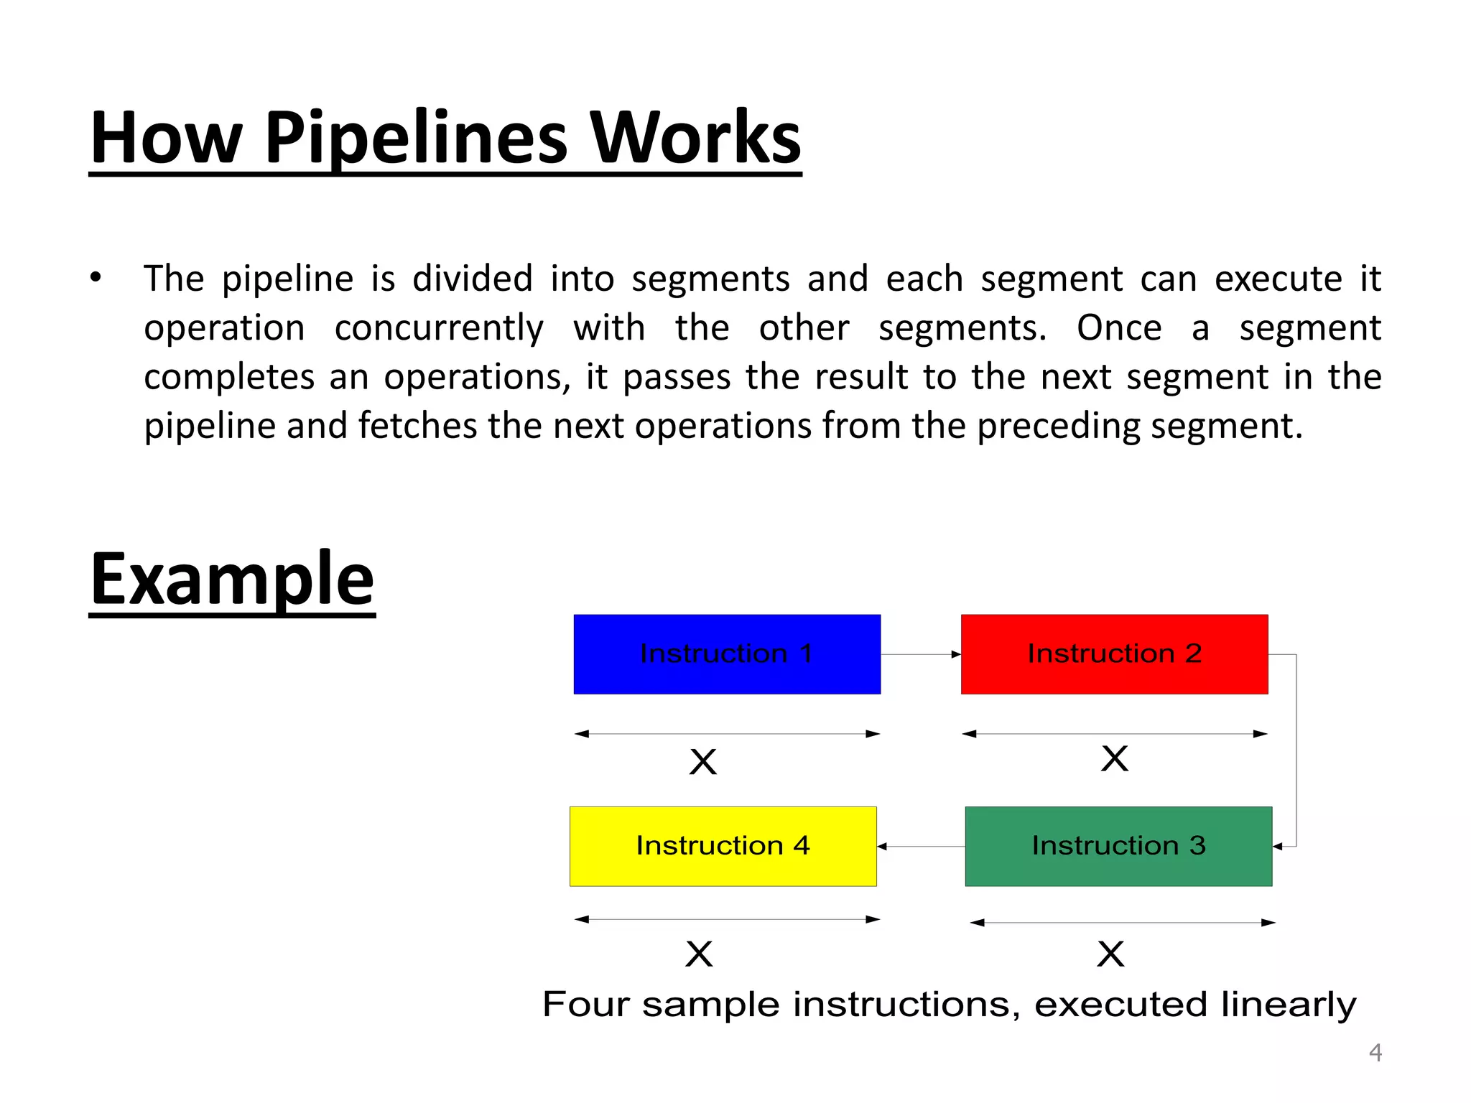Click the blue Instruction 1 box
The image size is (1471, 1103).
pos(727,654)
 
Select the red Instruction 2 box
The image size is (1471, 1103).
pos(1114,654)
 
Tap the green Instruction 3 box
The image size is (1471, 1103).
pos(1118,846)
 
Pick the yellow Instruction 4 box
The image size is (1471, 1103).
pos(723,846)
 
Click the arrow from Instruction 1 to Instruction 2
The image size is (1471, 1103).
pos(921,654)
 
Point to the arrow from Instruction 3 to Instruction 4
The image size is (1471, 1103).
pos(921,847)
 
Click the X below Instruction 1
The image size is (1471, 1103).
pos(703,762)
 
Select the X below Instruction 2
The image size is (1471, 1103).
pos(1115,759)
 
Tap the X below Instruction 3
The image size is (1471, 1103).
pos(1111,954)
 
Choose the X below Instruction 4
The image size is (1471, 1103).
pos(700,954)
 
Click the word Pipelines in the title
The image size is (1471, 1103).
pos(417,138)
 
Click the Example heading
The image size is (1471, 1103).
pos(232,579)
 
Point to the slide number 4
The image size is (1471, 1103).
pos(1375,1052)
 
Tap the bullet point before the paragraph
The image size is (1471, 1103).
pos(96,278)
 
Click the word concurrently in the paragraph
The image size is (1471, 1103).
pos(439,329)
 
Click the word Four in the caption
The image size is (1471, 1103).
pos(585,1004)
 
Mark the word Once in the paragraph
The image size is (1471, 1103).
pos(1119,328)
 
